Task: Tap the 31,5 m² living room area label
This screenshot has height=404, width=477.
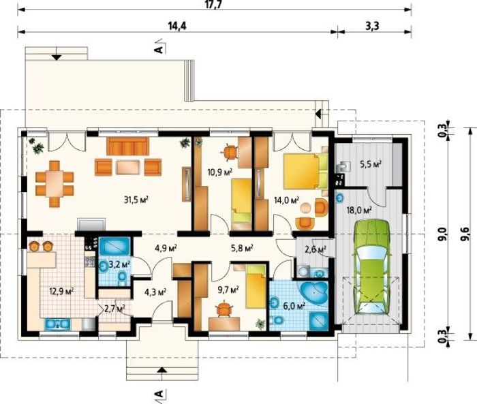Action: (136, 200)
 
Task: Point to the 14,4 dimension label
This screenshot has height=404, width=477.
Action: (177, 27)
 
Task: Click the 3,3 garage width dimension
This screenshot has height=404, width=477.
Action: (372, 27)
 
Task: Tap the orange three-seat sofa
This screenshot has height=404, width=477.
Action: (127, 146)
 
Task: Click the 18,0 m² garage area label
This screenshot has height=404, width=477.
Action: (359, 210)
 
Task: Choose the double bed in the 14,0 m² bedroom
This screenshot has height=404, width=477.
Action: (305, 171)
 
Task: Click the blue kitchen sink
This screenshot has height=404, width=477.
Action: (58, 324)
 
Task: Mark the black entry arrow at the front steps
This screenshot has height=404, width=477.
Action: (162, 370)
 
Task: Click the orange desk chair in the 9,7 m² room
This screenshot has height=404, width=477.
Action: (224, 309)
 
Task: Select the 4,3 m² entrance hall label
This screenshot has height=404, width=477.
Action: (155, 292)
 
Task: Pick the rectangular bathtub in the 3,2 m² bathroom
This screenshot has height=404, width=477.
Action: (114, 247)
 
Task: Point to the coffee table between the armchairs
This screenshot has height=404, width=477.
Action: (128, 168)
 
